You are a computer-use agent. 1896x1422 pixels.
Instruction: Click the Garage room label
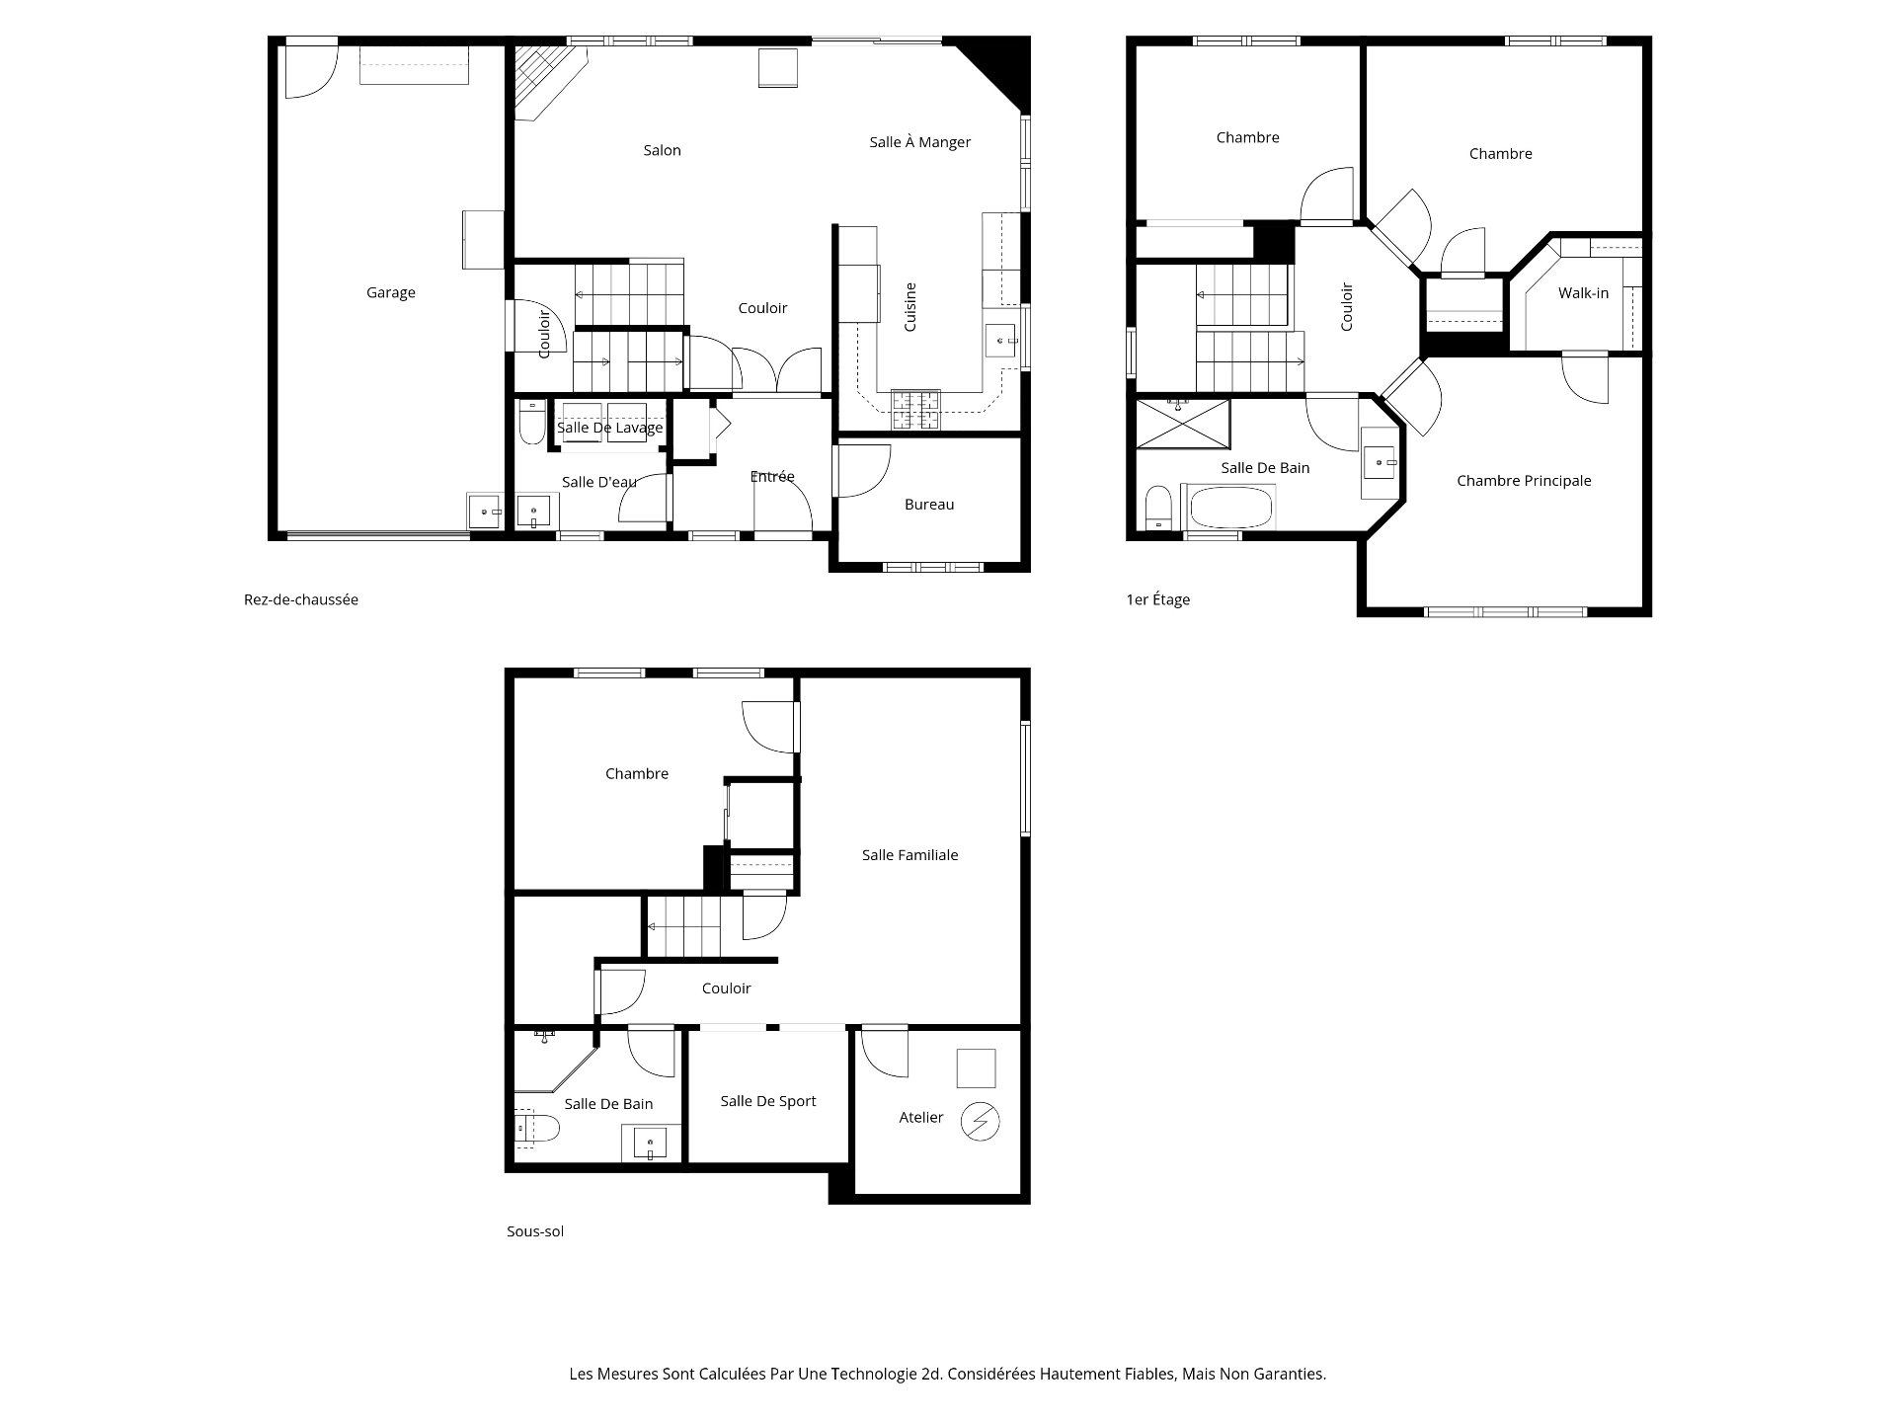coord(390,292)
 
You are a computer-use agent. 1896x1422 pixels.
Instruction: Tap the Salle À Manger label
coord(919,142)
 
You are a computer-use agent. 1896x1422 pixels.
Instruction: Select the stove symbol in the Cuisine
coord(916,410)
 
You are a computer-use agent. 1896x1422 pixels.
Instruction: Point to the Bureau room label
coord(929,505)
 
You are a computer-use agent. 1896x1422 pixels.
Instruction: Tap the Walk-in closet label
coord(1583,293)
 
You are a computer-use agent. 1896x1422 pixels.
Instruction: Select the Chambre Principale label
coord(1524,481)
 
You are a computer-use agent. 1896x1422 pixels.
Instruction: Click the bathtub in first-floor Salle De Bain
coord(1229,508)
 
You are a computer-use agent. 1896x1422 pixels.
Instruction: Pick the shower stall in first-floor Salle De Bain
coord(1183,423)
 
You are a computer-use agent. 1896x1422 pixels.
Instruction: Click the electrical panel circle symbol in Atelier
coord(982,1122)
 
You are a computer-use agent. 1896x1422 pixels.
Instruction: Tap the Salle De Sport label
coord(767,1101)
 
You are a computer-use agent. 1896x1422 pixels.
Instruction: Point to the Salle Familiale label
coord(909,855)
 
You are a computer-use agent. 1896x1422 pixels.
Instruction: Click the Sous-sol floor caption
coord(535,1231)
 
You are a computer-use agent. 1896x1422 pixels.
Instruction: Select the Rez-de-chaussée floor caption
coord(301,599)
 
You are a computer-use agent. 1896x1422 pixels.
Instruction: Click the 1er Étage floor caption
coord(1157,599)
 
